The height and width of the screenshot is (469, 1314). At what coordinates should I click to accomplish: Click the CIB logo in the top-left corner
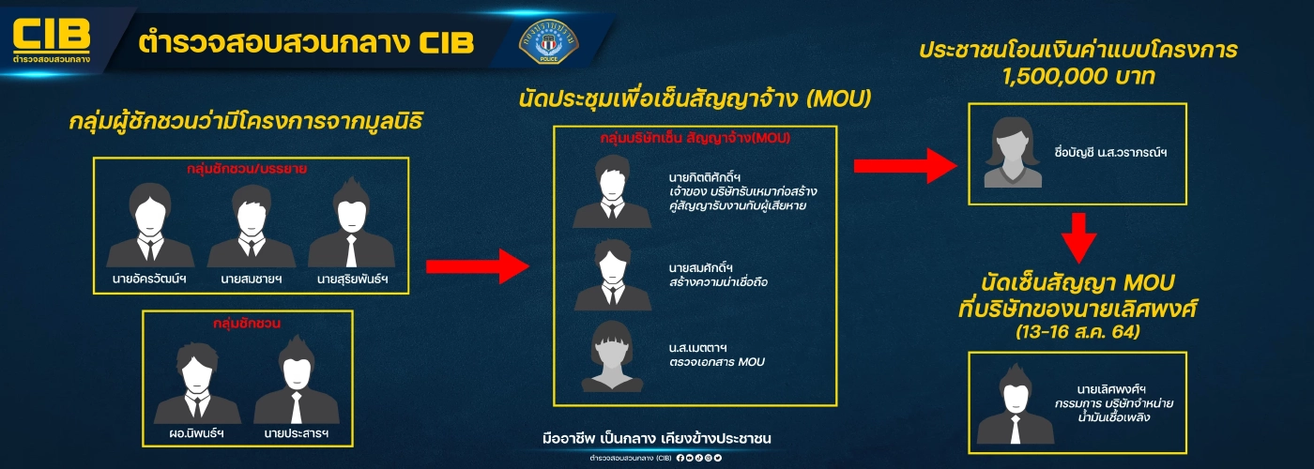[x=52, y=39]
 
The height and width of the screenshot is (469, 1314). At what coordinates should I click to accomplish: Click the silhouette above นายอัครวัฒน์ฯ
[x=150, y=225]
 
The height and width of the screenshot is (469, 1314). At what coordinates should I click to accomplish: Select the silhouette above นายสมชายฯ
[x=251, y=225]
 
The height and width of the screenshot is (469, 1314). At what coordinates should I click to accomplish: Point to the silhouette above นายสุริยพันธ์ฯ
[x=351, y=225]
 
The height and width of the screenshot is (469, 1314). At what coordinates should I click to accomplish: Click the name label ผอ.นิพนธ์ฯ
[x=196, y=434]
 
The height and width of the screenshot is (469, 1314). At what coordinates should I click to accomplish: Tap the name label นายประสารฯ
[x=297, y=434]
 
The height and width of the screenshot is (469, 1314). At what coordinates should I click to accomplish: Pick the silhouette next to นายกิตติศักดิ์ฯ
[x=612, y=192]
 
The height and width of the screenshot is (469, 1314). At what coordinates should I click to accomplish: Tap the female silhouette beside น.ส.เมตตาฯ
[x=612, y=356]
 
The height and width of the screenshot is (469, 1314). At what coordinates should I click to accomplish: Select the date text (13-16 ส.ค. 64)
[x=1077, y=331]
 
